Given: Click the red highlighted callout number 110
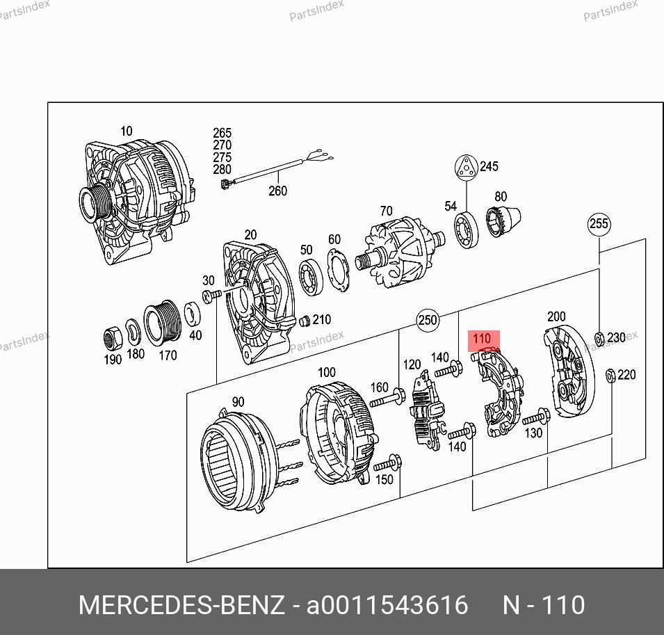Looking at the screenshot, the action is point(483,339).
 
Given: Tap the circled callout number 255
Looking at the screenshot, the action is point(599,224).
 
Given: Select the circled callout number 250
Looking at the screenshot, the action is point(428,319).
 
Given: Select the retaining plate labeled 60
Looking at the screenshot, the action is point(339,270).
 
